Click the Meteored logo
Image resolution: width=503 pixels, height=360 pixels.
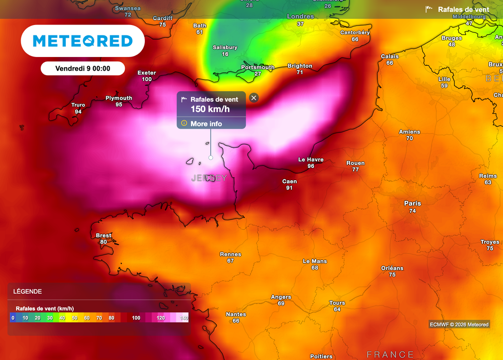pos(83,41)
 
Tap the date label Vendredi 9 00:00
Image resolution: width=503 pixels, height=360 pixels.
pos(83,69)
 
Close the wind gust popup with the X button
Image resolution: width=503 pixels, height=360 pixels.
pos(253,98)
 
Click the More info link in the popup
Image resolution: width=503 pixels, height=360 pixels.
pos(206,124)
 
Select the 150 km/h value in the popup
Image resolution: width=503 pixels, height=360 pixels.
pos(210,109)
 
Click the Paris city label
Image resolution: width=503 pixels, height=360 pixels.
pos(413,203)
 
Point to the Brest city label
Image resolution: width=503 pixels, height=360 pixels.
pos(104,235)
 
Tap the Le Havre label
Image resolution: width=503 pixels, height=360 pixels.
pos(311,160)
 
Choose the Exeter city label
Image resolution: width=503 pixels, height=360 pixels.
pos(146,73)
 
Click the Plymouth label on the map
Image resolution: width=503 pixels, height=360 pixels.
pos(119,98)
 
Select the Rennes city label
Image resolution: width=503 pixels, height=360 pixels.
pos(230,254)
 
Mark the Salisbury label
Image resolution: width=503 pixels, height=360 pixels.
pos(225,48)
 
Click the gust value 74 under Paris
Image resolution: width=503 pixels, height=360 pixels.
pos(413,211)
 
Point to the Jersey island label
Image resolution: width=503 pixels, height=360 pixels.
pos(209,178)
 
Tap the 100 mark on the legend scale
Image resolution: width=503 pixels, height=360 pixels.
pos(136,318)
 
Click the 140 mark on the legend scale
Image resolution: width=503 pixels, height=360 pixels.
pos(184,318)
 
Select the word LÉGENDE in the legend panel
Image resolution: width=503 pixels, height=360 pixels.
pos(28,291)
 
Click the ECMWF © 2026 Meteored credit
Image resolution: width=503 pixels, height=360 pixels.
pos(459,324)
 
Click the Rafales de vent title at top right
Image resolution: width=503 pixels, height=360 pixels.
pos(463,9)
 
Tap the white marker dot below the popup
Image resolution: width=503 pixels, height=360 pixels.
pos(211,158)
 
